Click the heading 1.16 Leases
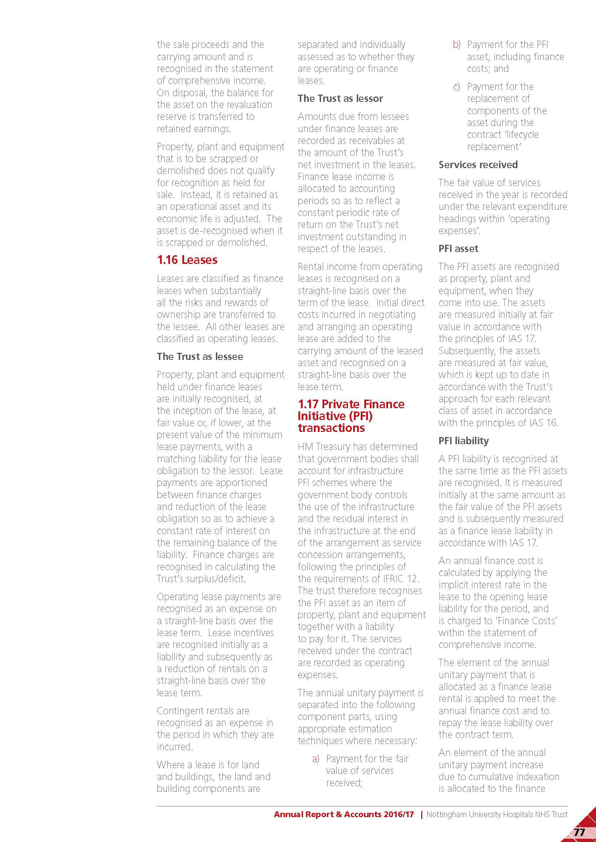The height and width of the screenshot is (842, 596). pyautogui.click(x=187, y=260)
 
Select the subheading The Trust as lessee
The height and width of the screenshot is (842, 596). pyautogui.click(x=200, y=356)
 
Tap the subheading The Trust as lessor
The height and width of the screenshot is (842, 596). pyautogui.click(x=340, y=98)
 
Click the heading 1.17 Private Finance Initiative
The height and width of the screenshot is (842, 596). pyautogui.click(x=351, y=415)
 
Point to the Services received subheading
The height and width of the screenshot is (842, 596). pyautogui.click(x=478, y=165)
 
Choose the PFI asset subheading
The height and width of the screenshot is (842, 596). pyautogui.click(x=458, y=249)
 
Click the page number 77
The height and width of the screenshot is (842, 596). pyautogui.click(x=579, y=832)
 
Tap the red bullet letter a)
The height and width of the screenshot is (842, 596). pyautogui.click(x=316, y=758)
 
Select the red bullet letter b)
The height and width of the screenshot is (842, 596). pyautogui.click(x=456, y=45)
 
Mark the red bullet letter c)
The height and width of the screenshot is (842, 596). pyautogui.click(x=456, y=87)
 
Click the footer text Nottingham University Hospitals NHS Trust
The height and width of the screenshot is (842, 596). pyautogui.click(x=497, y=814)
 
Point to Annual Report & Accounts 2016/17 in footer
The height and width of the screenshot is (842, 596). pyautogui.click(x=343, y=814)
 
